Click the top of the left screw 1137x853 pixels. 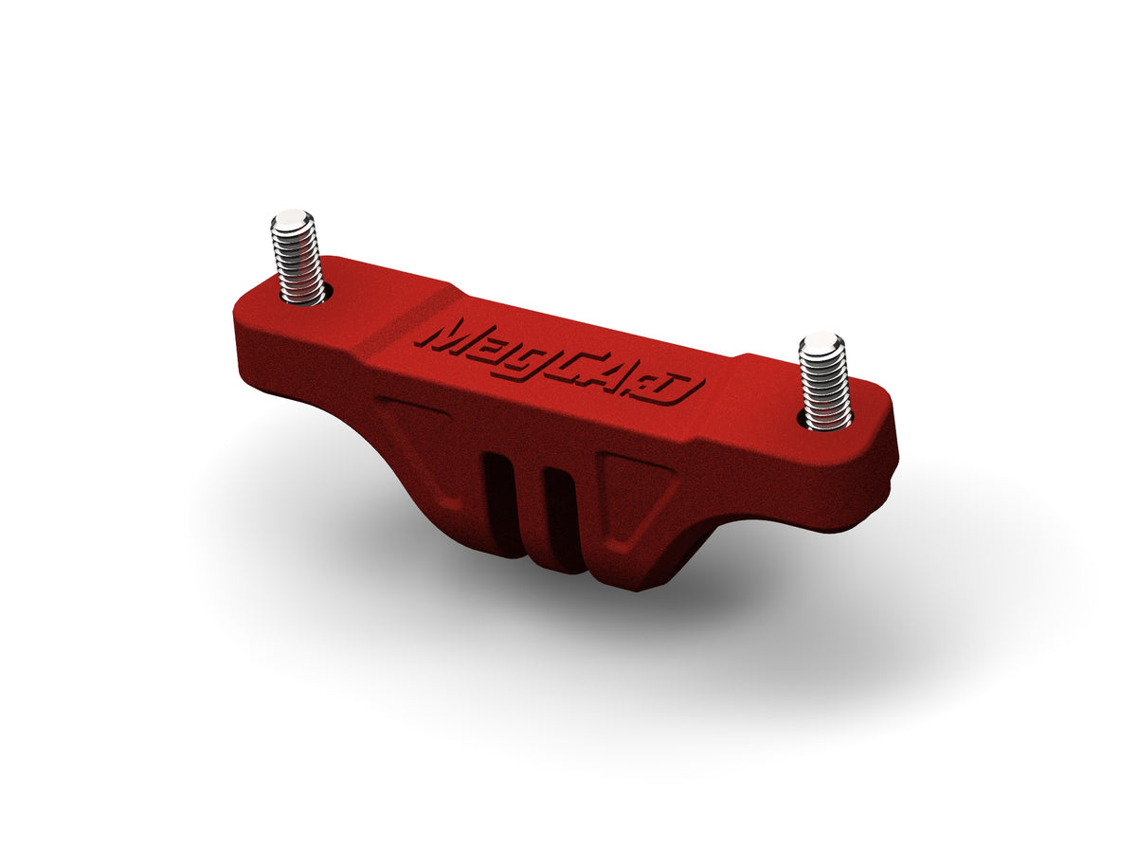292,221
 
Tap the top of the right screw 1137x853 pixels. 820,344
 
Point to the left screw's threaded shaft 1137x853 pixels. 297,261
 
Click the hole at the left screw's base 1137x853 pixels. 303,298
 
